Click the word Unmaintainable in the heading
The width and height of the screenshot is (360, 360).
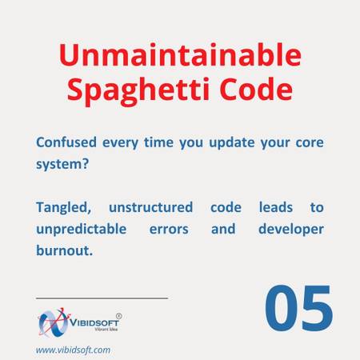pos(180,54)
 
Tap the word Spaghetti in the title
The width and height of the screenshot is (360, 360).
pos(138,90)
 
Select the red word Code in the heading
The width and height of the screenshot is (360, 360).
pos(256,89)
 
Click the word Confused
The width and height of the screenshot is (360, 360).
pos(66,142)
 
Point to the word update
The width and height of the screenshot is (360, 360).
pos(232,143)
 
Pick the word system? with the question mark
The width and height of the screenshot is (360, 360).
pos(62,164)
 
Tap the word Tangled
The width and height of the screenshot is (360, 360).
pos(64,208)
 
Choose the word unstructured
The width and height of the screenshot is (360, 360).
pos(150,207)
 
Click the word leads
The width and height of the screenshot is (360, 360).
pos(276,207)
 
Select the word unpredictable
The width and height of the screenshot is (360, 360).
pos(82,230)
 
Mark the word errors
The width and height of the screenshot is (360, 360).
pos(169,230)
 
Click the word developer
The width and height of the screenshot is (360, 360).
pos(291,230)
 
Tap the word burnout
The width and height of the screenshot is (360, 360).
pos(64,250)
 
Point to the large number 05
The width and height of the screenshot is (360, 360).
pos(298,308)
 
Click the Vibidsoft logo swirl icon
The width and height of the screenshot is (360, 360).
pos(54,322)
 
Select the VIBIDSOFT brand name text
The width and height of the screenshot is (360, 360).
pos(94,322)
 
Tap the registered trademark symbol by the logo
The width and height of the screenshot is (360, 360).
pos(119,316)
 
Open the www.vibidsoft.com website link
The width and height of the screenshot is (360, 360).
pos(73,350)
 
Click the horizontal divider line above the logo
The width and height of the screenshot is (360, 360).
pos(102,298)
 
